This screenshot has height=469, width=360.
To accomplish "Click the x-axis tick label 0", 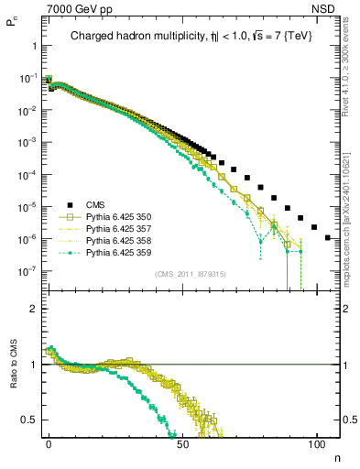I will (x=49, y=442).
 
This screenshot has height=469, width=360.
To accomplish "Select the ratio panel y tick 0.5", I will (x=27, y=420).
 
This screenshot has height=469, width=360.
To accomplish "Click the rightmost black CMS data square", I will (x=328, y=237).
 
